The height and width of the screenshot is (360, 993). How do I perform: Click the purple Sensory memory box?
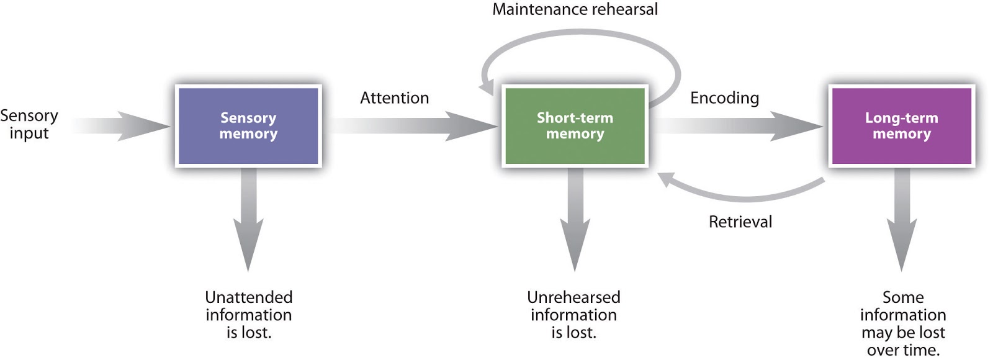pos(248,126)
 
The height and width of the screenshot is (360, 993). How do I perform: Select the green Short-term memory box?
pos(575,126)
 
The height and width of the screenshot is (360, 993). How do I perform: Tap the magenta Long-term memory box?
pos(901,126)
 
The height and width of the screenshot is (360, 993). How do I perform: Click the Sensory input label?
pos(29,124)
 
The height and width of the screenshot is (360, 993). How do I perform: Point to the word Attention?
pos(394,98)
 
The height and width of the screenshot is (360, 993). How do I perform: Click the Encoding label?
pos(724,98)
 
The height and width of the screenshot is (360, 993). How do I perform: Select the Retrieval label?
pos(740,222)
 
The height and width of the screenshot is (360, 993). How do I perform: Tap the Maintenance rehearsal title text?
pos(575,9)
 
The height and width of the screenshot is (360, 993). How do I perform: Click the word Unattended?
pos(248,297)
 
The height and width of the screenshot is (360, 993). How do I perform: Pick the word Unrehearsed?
pos(573,297)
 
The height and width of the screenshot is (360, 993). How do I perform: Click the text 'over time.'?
pos(903,350)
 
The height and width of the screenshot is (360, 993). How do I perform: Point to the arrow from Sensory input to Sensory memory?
pos(124,126)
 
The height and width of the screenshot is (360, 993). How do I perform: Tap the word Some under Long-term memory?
pos(903,297)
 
